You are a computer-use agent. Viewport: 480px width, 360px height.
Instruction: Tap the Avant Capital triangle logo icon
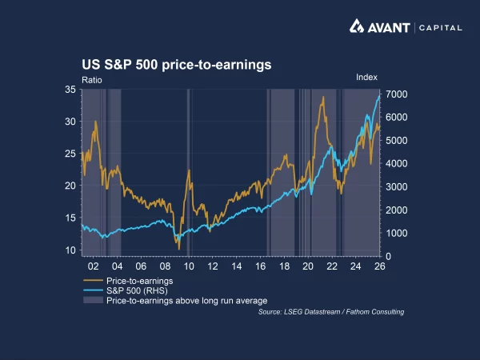click(x=358, y=26)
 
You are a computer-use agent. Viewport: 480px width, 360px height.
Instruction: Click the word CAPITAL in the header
click(x=439, y=27)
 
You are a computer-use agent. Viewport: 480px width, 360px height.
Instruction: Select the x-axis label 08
click(x=164, y=266)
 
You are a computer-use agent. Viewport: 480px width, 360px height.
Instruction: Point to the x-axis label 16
click(x=260, y=266)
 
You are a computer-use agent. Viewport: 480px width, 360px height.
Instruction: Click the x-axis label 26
click(x=379, y=266)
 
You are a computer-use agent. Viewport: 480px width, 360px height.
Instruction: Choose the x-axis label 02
click(x=93, y=266)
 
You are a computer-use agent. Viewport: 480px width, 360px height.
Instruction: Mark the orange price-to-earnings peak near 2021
click(x=323, y=98)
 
